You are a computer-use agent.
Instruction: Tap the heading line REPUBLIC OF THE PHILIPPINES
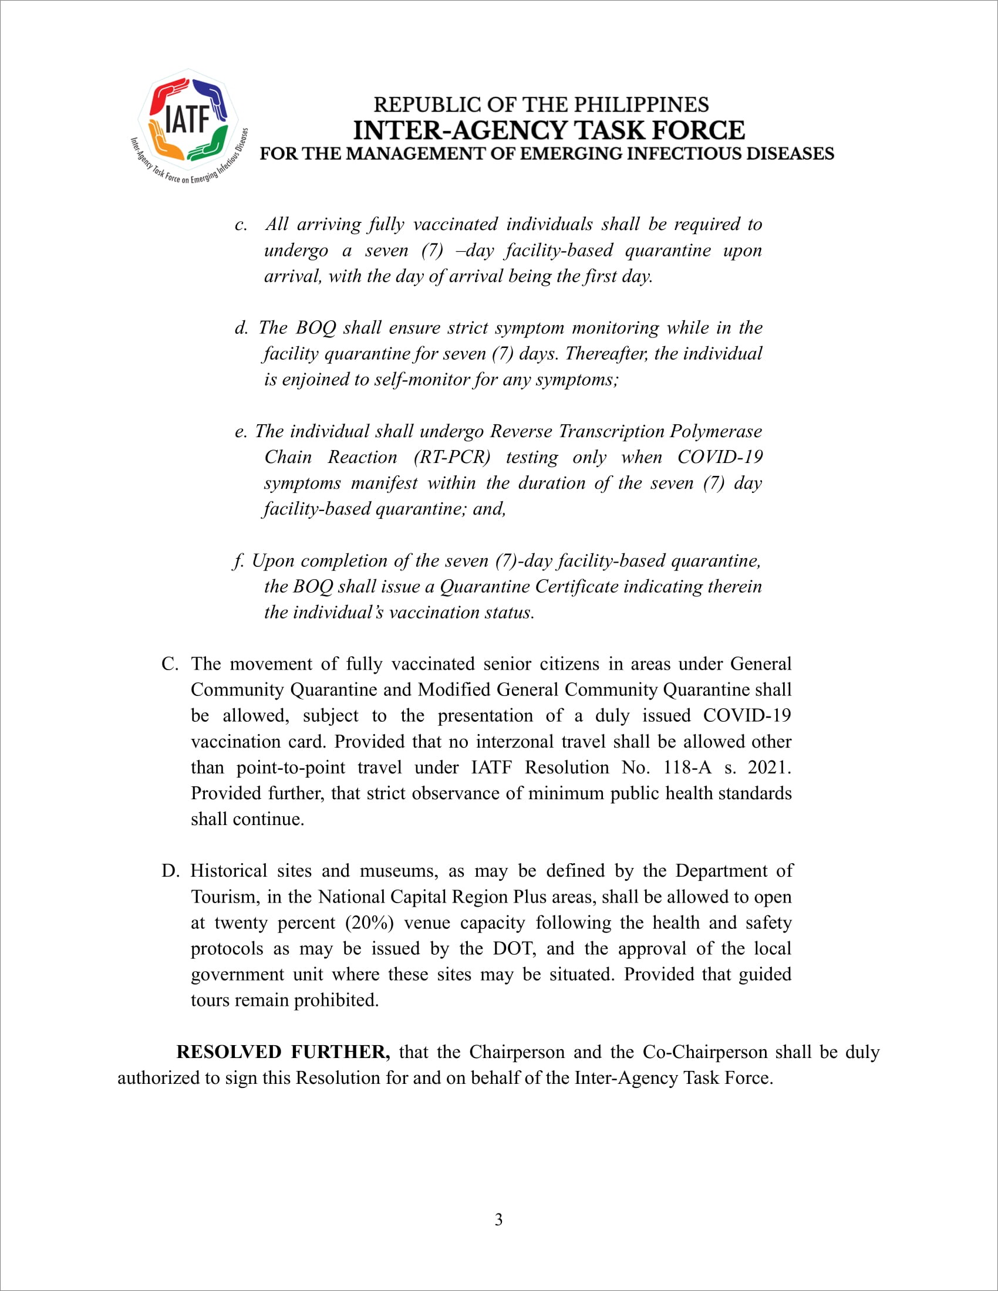coord(541,104)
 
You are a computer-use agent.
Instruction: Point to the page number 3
coord(498,1219)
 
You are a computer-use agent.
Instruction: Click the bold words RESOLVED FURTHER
coord(282,1052)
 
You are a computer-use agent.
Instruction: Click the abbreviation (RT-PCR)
coord(452,457)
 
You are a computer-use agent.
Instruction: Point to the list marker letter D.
coord(170,871)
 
